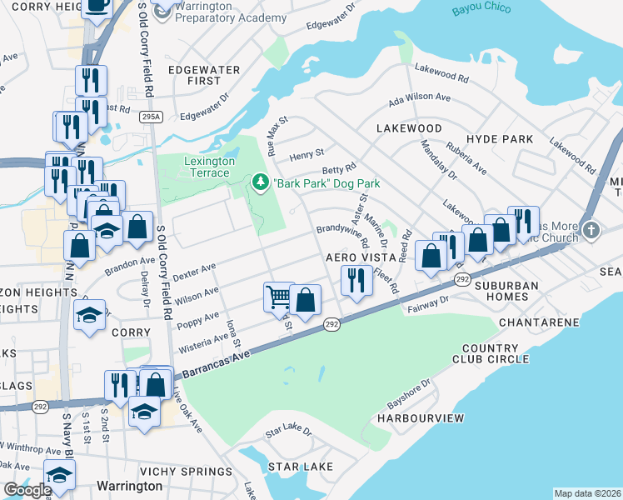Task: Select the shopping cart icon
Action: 278,296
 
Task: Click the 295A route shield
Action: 150,117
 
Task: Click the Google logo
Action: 27,489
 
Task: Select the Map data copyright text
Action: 586,493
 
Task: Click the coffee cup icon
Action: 97,6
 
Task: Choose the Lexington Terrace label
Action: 206,167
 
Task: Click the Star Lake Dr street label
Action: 287,432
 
